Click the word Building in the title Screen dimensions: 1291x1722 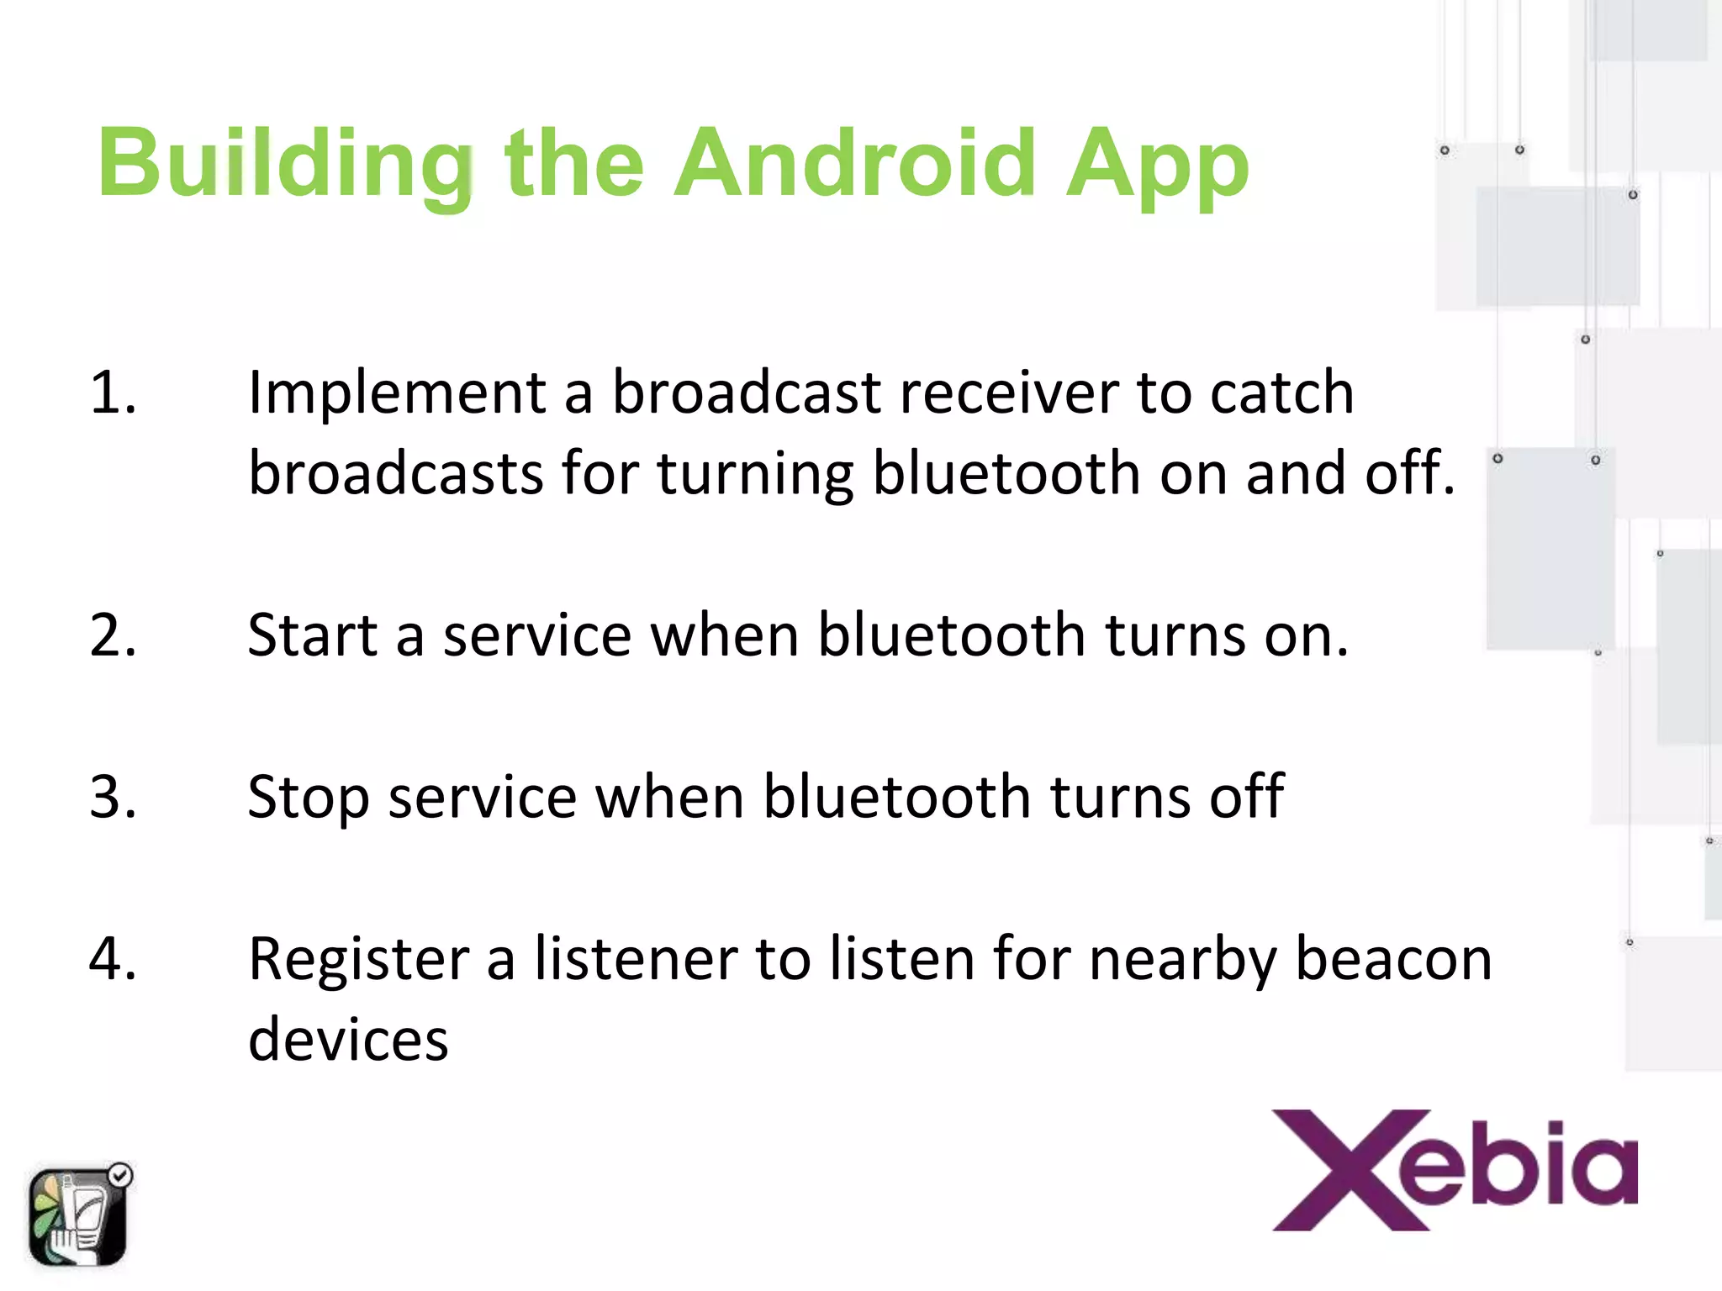tap(286, 164)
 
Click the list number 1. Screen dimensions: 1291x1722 tap(113, 393)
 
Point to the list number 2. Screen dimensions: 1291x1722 tap(113, 635)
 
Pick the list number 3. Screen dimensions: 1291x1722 tap(113, 796)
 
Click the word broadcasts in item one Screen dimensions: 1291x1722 tap(396, 473)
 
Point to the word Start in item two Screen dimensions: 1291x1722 tap(312, 635)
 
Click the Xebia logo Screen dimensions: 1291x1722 tap(1455, 1170)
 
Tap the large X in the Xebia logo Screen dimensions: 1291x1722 tap(1350, 1170)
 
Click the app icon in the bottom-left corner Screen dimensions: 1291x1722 tap(78, 1216)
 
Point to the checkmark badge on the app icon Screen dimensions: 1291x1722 tap(121, 1174)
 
